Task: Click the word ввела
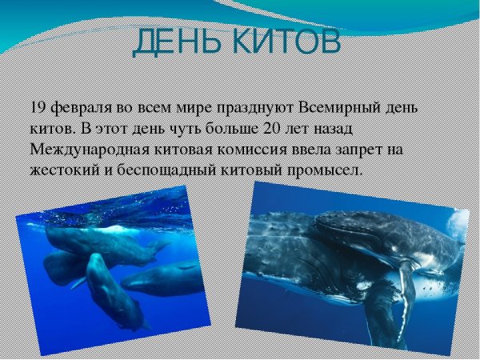point(312,150)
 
